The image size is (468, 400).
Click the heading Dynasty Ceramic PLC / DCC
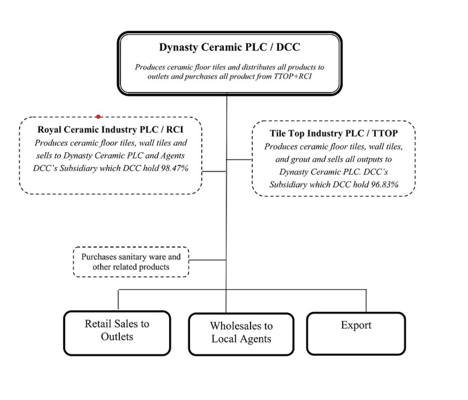coord(230,47)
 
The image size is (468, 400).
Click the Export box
coord(356,334)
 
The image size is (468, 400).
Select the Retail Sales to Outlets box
coord(117,333)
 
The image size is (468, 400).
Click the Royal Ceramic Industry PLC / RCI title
coord(113,129)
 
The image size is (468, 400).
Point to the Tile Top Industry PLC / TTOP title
coord(334,133)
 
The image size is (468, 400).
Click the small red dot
coord(98,117)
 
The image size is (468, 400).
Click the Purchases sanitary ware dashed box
coord(131,262)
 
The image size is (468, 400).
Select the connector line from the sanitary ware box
coord(208,260)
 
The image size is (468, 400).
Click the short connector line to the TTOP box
coord(239,159)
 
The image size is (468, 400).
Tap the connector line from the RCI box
coord(214,171)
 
